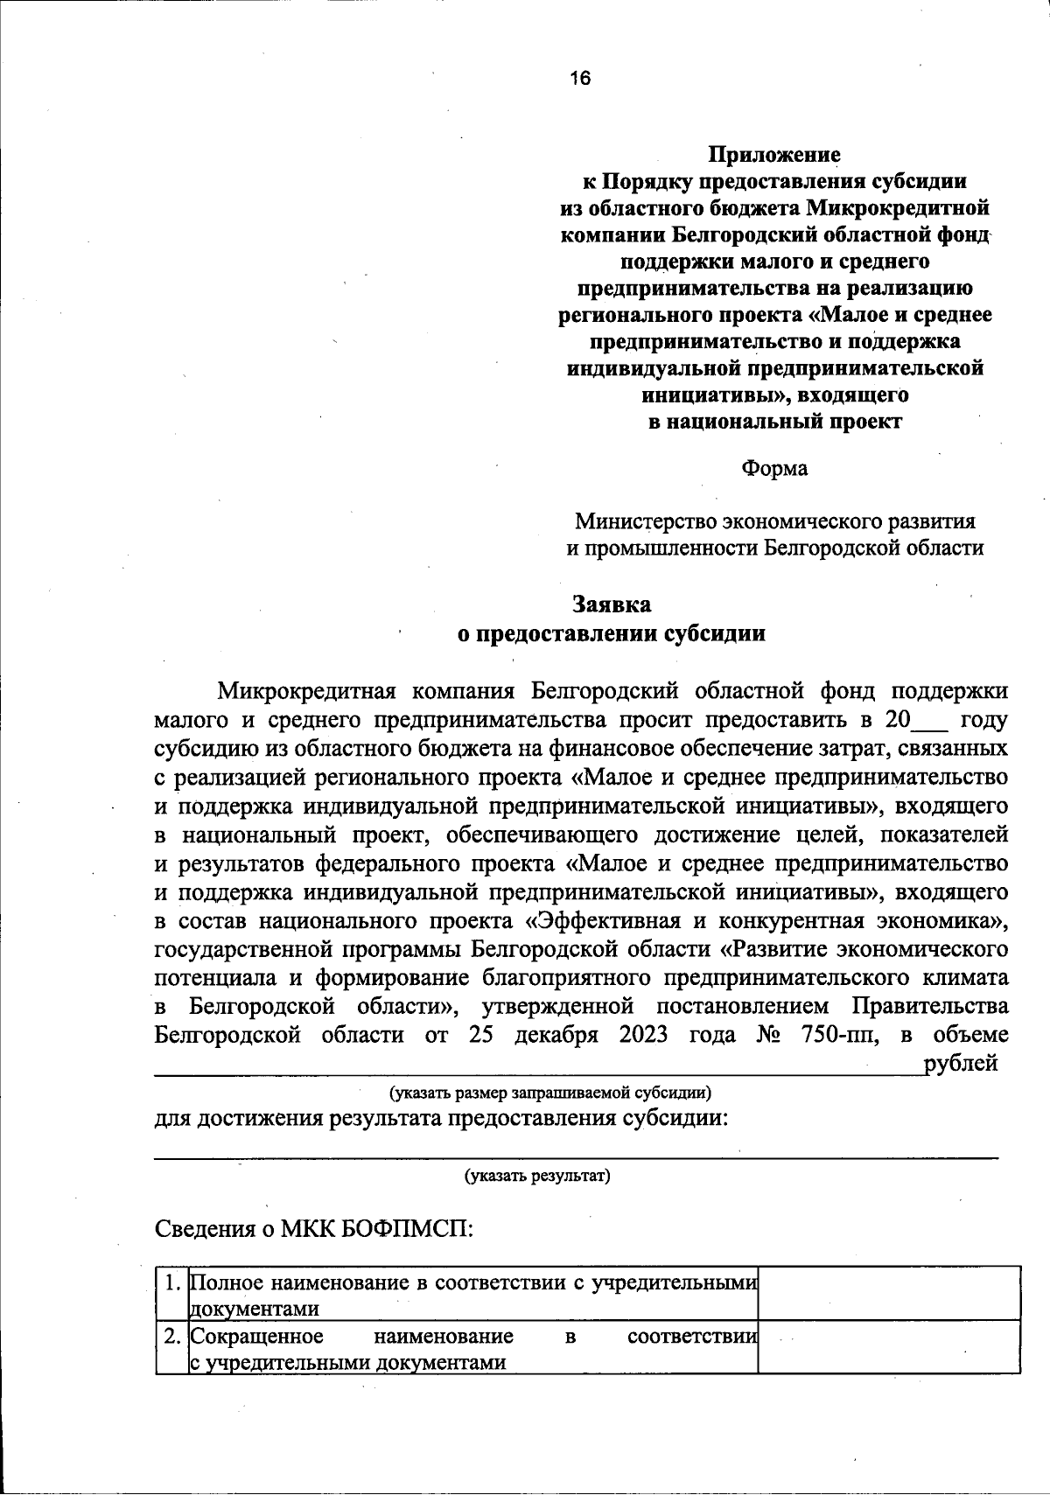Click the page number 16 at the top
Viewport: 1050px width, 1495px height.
579,79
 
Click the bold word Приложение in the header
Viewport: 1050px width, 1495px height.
773,155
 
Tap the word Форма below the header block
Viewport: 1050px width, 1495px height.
774,468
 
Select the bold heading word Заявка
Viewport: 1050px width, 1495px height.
612,604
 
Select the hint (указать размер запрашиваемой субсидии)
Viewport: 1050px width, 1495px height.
550,1092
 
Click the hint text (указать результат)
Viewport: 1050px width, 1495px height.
537,1175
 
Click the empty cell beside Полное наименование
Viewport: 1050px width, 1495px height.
888,1293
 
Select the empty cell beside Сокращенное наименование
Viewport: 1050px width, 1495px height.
888,1347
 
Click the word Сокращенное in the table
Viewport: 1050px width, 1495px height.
256,1337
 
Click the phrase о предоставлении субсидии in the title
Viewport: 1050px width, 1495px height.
612,633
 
